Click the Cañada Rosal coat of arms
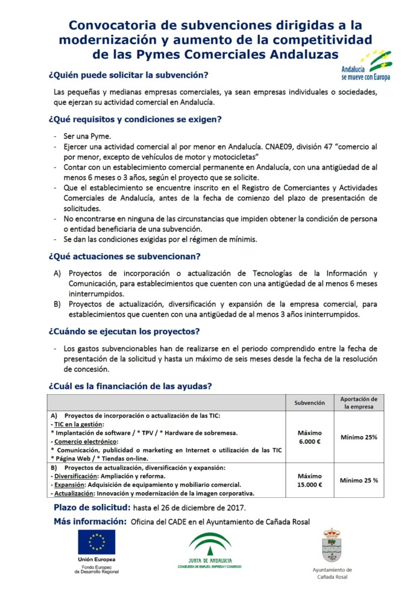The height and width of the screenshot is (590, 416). [x=332, y=545]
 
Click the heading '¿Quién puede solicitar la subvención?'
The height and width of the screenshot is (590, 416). [x=128, y=75]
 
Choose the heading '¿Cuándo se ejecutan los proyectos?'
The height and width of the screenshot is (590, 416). [x=124, y=331]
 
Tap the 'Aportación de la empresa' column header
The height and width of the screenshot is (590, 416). [x=359, y=403]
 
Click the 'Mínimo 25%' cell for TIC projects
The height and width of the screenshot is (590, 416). [x=359, y=437]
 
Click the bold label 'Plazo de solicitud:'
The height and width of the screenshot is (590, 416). [x=90, y=507]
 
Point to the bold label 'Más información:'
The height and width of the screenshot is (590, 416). [x=90, y=521]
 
